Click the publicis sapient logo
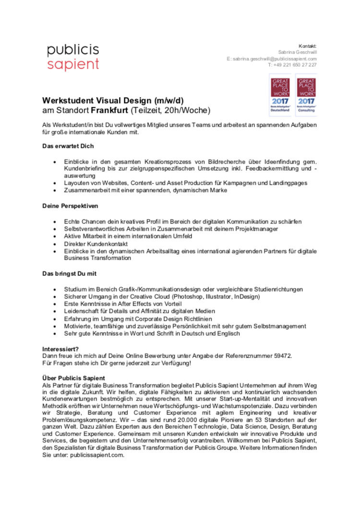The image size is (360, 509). coord(73,57)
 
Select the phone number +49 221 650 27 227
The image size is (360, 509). coord(292,65)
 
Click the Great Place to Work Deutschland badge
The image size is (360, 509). coord(280,95)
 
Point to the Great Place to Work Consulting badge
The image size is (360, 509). coord(306,95)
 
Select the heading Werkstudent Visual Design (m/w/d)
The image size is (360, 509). coord(113,101)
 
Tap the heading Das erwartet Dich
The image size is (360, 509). coord(68,145)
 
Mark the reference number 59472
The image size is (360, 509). coord(281,356)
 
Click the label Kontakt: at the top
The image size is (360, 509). coord(307,46)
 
